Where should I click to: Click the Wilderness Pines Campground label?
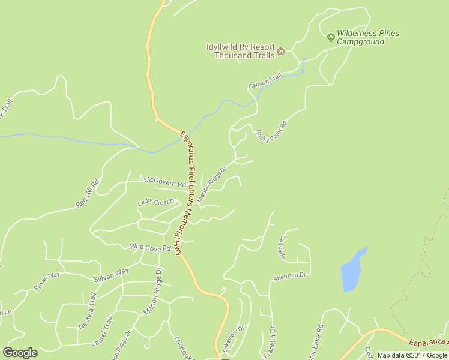367,38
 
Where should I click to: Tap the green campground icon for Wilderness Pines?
331,37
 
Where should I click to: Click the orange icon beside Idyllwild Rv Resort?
280,55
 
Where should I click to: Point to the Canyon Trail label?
265,82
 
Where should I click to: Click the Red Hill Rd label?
87,194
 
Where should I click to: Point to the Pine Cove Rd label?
151,247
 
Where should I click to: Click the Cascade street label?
282,247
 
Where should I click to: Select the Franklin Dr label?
269,343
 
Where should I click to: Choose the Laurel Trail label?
101,334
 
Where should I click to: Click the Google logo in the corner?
20,353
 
